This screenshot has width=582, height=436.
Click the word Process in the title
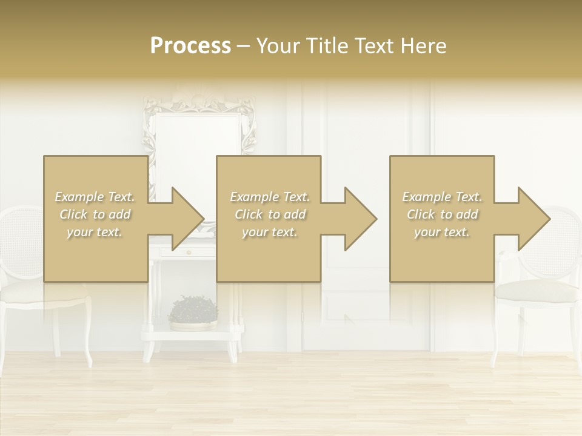(x=190, y=46)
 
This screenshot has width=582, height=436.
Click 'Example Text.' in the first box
(x=95, y=197)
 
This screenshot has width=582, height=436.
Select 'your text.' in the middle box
(x=270, y=232)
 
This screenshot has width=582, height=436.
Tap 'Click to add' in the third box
(x=442, y=214)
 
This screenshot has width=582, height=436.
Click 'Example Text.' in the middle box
(x=270, y=197)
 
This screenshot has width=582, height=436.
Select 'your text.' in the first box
(x=95, y=232)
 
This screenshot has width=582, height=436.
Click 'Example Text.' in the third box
(x=442, y=197)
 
